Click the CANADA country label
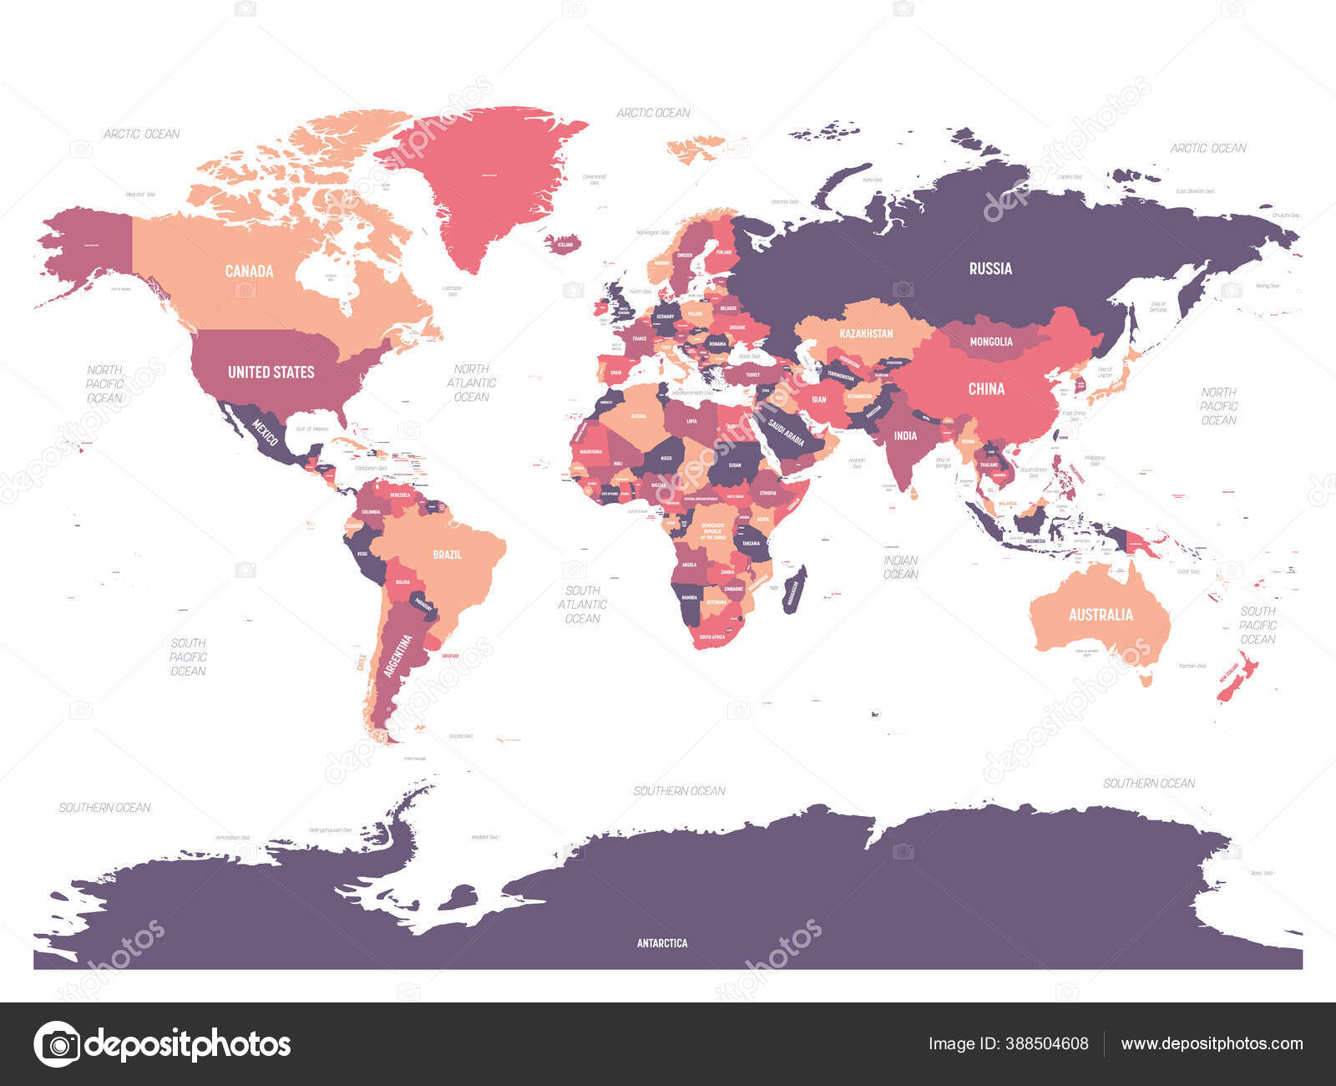pos(250,271)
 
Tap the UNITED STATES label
pos(271,372)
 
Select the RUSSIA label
pos(990,268)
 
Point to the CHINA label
pos(986,388)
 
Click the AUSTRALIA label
pos(1101,615)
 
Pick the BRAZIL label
pos(447,555)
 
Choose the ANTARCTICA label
pos(662,943)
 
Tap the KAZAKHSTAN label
pos(866,333)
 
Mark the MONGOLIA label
pos(990,342)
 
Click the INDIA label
pos(905,435)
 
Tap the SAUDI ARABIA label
pos(787,434)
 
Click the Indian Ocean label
pos(900,567)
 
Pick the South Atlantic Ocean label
pos(582,604)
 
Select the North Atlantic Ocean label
pos(471,383)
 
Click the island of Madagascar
pos(794,590)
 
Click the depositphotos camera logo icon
pos(57,1044)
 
